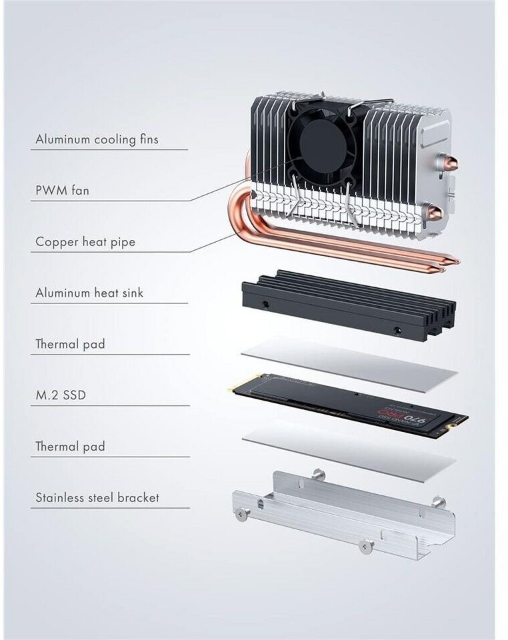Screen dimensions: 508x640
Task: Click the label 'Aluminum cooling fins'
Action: pos(97,140)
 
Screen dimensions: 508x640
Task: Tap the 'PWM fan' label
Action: pos(62,191)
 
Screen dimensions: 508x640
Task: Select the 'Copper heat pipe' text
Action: pos(85,242)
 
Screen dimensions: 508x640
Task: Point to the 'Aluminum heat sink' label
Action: pos(89,293)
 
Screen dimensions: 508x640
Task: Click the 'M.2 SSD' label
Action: pos(61,395)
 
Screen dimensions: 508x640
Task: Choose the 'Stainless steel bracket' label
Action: pos(97,497)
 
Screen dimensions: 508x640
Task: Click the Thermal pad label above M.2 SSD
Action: pos(70,345)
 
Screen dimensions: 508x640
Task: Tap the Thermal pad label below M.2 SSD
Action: pos(70,447)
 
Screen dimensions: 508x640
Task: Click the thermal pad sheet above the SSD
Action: pos(350,364)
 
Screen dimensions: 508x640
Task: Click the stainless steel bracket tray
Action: pos(343,513)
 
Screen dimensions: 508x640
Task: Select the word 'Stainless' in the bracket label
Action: pos(61,497)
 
